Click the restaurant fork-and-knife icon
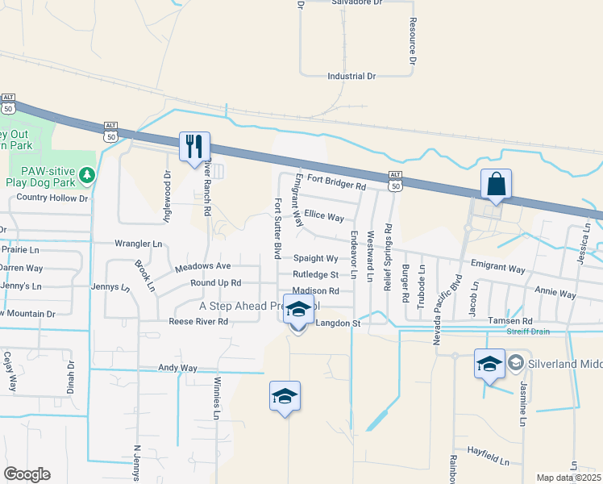click(194, 146)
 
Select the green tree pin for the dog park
click(86, 174)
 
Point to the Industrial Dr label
click(351, 77)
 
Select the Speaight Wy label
click(315, 259)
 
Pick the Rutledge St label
click(315, 275)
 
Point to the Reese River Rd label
click(199, 321)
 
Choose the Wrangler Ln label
click(139, 243)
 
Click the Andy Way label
click(177, 368)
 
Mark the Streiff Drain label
click(528, 332)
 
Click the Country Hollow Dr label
click(52, 197)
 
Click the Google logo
click(27, 474)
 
